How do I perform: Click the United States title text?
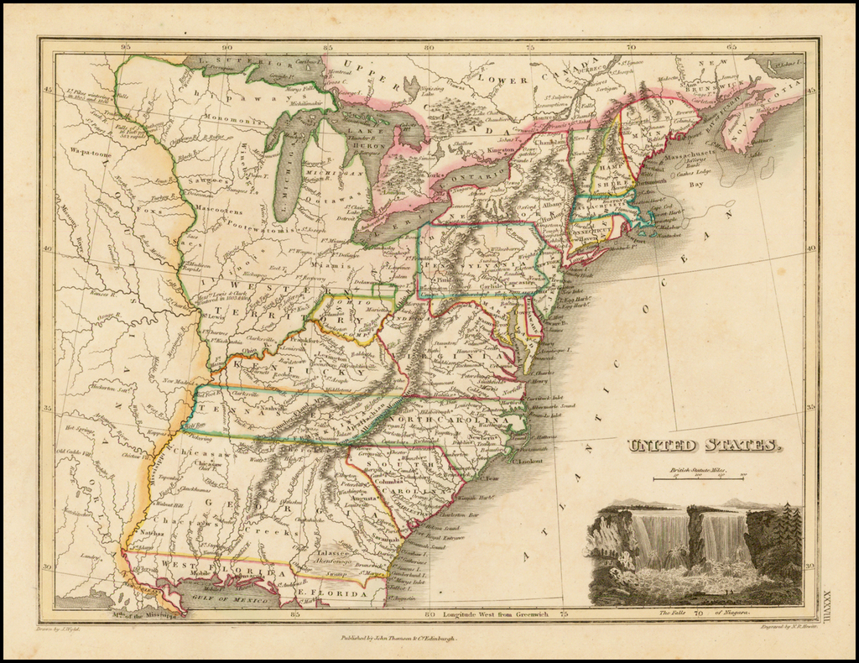(x=705, y=446)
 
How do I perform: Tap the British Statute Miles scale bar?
(x=698, y=478)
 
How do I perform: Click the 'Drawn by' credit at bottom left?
(x=58, y=627)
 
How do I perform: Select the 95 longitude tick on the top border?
(x=125, y=47)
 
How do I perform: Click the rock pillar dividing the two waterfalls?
(x=695, y=537)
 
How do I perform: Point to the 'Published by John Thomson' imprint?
(x=398, y=638)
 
